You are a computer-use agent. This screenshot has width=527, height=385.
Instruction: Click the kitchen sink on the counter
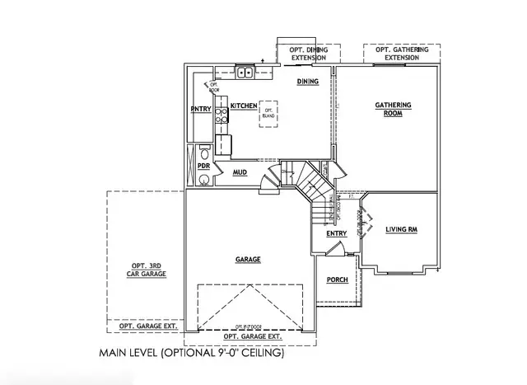(245, 73)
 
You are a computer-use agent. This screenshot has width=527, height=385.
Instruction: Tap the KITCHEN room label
(244, 106)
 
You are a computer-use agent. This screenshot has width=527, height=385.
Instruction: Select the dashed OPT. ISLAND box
(268, 114)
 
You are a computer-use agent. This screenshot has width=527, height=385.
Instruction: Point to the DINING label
(308, 82)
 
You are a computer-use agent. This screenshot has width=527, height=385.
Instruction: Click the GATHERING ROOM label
(393, 110)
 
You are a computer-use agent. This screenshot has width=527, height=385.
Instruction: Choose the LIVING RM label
(402, 230)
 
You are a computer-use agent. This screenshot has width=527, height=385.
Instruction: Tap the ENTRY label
(336, 233)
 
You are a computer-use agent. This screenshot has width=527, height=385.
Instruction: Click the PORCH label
(337, 279)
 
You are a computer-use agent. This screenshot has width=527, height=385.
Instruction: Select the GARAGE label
(248, 259)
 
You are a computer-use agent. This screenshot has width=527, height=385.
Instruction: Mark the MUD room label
(240, 172)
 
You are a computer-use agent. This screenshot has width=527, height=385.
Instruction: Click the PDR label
(203, 166)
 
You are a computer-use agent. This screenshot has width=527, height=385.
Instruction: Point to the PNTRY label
(201, 109)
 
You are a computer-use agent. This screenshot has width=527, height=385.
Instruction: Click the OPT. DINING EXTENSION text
(308, 54)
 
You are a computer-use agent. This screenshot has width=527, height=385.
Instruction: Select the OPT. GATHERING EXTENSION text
(403, 54)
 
